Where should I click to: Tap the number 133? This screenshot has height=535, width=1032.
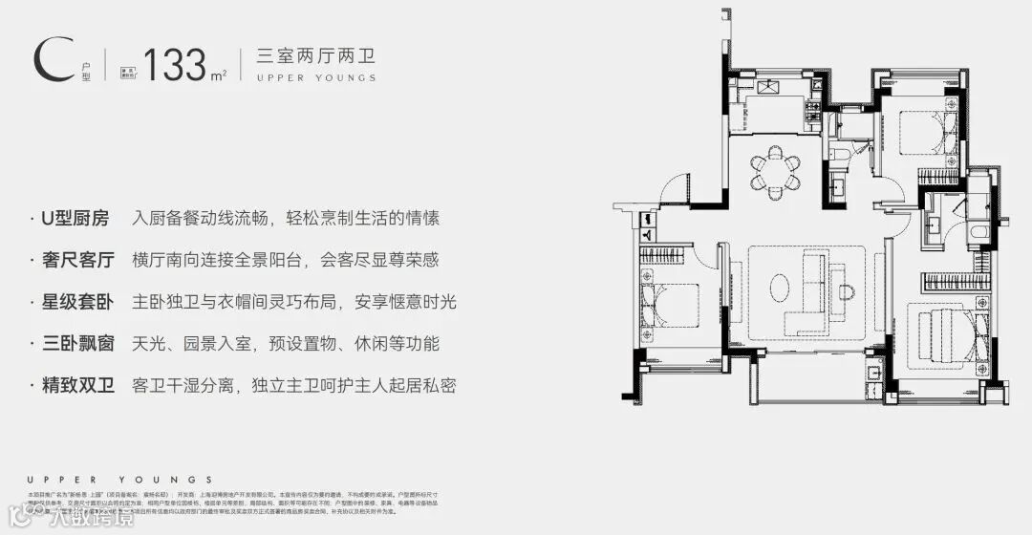[176, 64]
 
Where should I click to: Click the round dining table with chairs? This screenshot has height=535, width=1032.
[775, 168]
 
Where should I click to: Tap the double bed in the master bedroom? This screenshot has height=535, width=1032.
[945, 333]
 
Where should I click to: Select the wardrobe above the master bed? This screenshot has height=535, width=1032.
[952, 281]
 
